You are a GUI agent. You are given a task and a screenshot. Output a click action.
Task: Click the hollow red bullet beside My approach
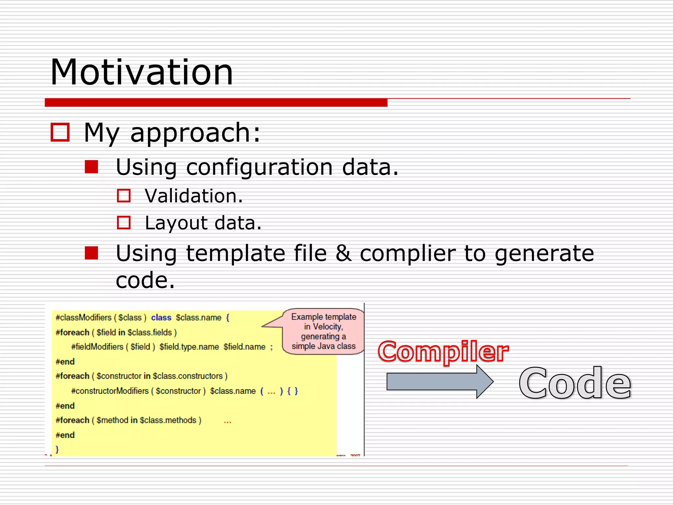coord(60,132)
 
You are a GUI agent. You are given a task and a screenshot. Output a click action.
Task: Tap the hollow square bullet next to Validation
coord(124,196)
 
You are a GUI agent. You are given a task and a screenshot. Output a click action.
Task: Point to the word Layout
coord(176,223)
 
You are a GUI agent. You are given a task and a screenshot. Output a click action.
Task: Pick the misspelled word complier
coord(407,254)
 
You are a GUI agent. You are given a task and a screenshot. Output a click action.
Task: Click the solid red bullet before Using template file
coord(91,253)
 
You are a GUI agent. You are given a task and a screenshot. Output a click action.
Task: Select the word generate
coord(544,254)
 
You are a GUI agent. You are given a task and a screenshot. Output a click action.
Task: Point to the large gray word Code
coord(574,383)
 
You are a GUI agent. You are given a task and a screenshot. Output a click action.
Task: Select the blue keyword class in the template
coord(161,318)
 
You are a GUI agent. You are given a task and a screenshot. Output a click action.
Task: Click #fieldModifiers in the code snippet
coord(97,347)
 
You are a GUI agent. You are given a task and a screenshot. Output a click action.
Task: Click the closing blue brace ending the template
coord(57,449)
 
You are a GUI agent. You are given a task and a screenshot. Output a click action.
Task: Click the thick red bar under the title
coord(216,103)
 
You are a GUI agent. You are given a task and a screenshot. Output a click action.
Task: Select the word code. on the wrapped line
coord(145,280)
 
